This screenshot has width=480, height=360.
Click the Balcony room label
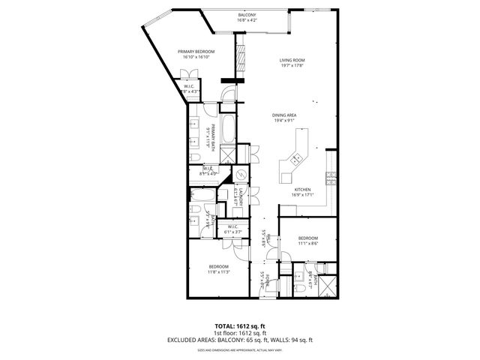[x=247, y=15]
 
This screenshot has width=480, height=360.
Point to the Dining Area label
[x=285, y=114]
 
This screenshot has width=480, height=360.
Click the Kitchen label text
[x=302, y=189]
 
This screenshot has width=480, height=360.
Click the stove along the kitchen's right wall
[x=330, y=178]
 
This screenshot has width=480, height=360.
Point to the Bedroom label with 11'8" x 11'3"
[x=218, y=268]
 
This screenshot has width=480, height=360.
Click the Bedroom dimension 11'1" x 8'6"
[x=308, y=243]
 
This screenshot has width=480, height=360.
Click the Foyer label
[x=263, y=279]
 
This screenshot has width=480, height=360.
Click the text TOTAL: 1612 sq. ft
[x=240, y=326]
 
